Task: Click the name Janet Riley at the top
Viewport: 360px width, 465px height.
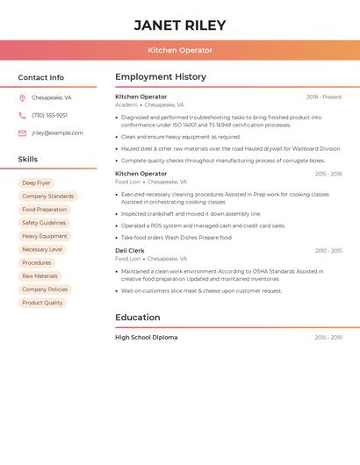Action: (x=180, y=25)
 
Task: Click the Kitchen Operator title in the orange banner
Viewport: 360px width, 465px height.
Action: (x=180, y=50)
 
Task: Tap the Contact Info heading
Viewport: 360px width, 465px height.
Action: (x=40, y=77)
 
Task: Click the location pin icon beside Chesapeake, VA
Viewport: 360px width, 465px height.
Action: (x=22, y=98)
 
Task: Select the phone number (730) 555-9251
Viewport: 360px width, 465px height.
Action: (x=49, y=116)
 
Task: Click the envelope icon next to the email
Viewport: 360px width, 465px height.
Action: (x=22, y=133)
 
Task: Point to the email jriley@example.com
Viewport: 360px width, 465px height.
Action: (x=57, y=133)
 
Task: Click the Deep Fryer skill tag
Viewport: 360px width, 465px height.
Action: (x=36, y=183)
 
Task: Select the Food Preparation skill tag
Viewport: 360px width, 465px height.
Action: (x=44, y=210)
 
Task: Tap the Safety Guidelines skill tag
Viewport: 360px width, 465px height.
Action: (x=44, y=223)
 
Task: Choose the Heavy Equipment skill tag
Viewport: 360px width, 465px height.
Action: (x=44, y=236)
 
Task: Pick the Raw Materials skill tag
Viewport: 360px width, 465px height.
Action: (x=40, y=276)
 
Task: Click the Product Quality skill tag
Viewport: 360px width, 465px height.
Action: (x=42, y=303)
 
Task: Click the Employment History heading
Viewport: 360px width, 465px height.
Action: (x=161, y=77)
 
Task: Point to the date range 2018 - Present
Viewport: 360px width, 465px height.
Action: (x=324, y=97)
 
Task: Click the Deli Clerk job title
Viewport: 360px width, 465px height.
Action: (x=131, y=251)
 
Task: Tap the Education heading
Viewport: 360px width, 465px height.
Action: (x=138, y=318)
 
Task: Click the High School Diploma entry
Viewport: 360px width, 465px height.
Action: (x=146, y=338)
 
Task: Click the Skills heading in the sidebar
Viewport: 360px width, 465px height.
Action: (x=28, y=160)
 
